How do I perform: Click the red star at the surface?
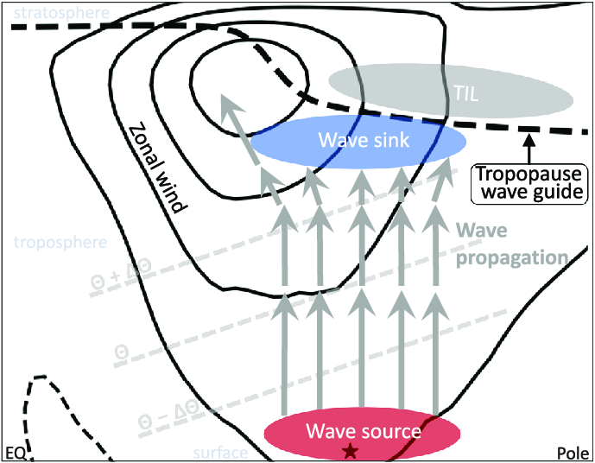tap(350, 450)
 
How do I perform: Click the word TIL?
tap(467, 91)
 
